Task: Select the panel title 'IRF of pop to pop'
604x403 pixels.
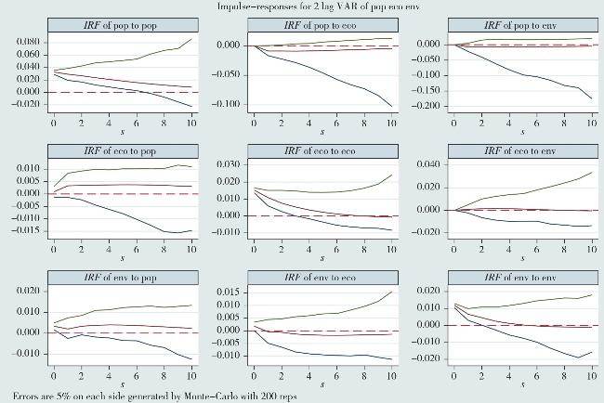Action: point(122,22)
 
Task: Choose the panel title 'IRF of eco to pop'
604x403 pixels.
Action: point(122,151)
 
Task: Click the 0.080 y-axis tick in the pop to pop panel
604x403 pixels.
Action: point(29,43)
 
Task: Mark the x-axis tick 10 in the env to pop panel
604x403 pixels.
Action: point(190,372)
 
